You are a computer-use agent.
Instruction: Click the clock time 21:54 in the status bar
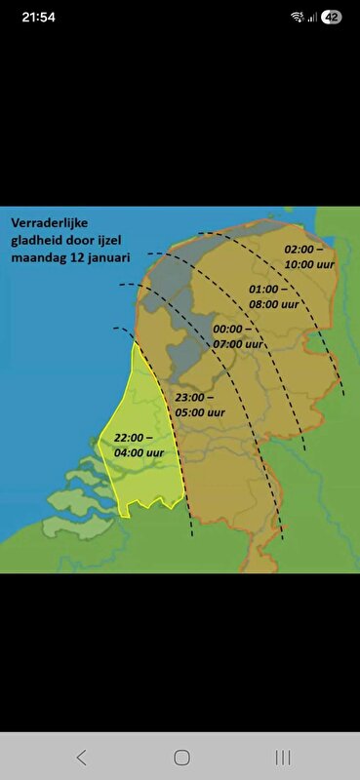pos(38,17)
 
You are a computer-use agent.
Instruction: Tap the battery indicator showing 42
pos(332,17)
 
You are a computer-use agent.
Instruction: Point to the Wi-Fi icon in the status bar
pos(298,17)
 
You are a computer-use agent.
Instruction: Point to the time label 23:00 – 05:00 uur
pos(201,405)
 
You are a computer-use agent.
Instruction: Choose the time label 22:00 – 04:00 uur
pos(139,445)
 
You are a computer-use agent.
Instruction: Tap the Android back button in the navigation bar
pos(81,757)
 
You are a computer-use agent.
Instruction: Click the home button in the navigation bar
pos(181,757)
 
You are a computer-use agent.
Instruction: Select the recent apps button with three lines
pos(283,757)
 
